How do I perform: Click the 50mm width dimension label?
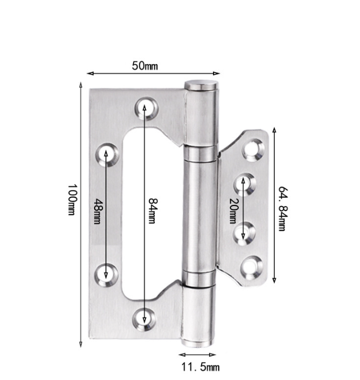[x=145, y=66]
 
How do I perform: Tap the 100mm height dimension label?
[x=72, y=199]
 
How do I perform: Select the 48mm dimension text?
[x=97, y=211]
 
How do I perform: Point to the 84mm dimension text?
[x=153, y=211]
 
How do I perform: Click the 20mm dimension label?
[x=234, y=211]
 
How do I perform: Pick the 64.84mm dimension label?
[x=283, y=209]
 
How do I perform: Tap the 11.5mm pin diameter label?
[x=201, y=367]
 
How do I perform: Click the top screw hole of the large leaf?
[x=146, y=108]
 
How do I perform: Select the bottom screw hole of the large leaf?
[x=144, y=319]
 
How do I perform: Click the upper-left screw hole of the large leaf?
[x=107, y=155]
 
